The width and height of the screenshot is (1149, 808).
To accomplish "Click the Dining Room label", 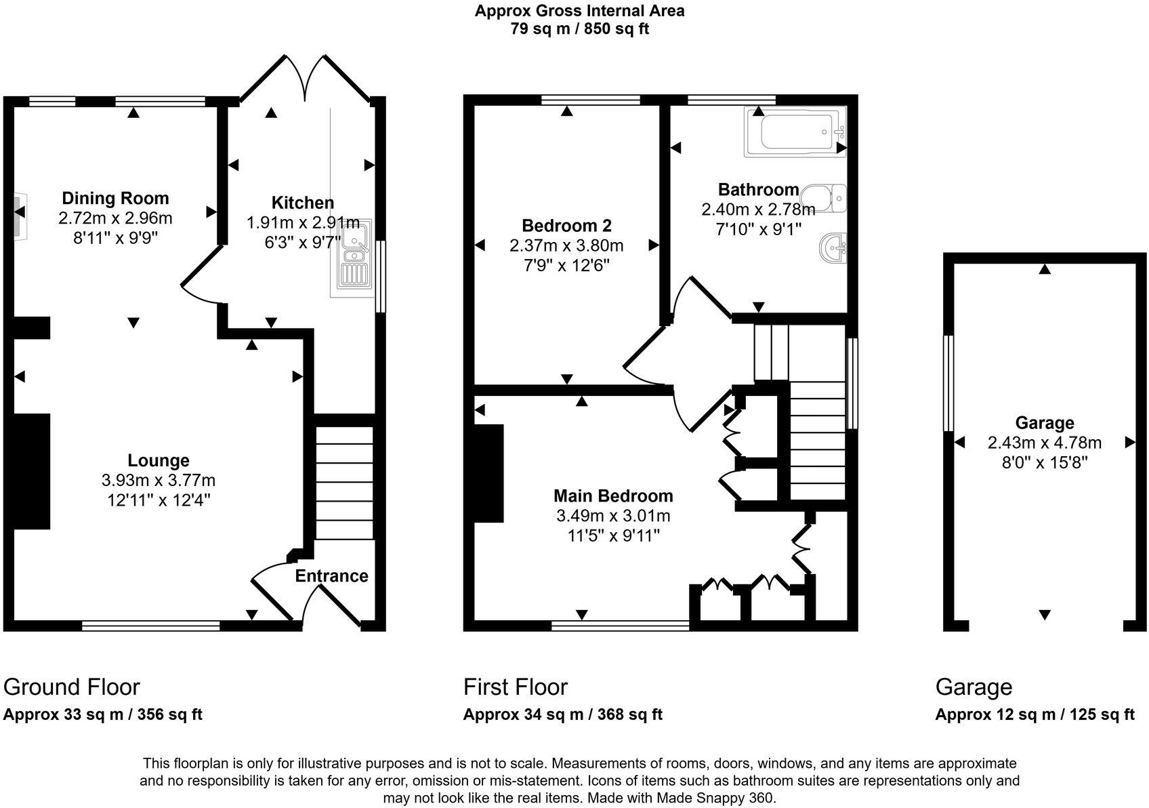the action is [x=115, y=199].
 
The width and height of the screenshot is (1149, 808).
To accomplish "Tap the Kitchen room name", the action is [x=303, y=203].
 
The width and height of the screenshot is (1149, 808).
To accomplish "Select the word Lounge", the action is [x=159, y=461].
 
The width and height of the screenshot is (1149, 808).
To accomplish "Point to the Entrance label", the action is [x=331, y=576].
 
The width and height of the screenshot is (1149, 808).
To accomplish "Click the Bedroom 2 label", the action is [x=566, y=226].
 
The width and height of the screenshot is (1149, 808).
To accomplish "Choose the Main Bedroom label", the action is [x=613, y=496].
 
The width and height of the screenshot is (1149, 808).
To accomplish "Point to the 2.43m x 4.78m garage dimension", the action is [x=1044, y=443].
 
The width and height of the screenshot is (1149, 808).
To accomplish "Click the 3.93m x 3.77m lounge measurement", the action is [x=159, y=481].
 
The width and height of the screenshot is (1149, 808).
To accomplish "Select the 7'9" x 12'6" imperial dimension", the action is [x=566, y=265].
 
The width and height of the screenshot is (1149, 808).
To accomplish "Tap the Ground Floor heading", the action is [x=72, y=687].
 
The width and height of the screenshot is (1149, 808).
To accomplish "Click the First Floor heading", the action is [x=516, y=687].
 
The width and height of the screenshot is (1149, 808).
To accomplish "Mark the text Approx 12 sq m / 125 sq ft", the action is [x=1035, y=714].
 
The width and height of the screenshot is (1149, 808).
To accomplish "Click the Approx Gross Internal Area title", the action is [x=579, y=11].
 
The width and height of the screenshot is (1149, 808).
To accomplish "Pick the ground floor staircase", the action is [x=345, y=482].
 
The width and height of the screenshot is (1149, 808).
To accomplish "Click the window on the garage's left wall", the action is [x=948, y=383].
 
